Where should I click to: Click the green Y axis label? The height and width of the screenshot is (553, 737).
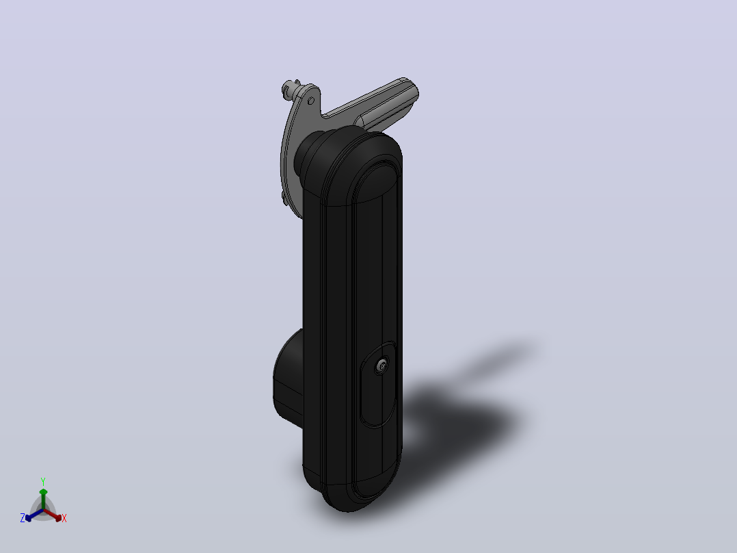pyautogui.click(x=43, y=481)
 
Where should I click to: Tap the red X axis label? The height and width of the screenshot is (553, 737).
pyautogui.click(x=64, y=518)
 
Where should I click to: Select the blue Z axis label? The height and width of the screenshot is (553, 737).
pyautogui.click(x=22, y=517)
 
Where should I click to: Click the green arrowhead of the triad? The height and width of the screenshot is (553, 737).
pyautogui.click(x=43, y=492)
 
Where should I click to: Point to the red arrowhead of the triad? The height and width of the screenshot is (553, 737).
pyautogui.click(x=58, y=518)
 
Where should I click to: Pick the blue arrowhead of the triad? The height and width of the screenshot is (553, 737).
pyautogui.click(x=28, y=518)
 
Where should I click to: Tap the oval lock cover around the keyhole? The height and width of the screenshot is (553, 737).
pyautogui.click(x=377, y=385)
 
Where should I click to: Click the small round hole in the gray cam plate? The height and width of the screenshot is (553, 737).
pyautogui.click(x=310, y=101)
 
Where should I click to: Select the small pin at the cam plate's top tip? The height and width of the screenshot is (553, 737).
pyautogui.click(x=288, y=88)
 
